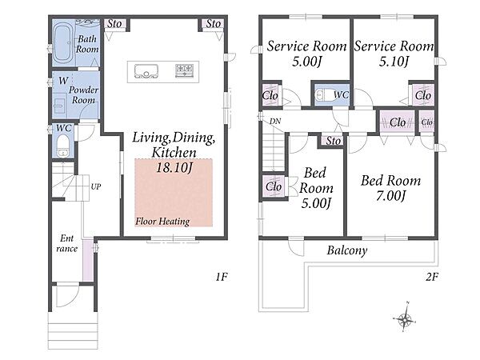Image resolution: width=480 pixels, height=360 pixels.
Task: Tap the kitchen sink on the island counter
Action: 146,71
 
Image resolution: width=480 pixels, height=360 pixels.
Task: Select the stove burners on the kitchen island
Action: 185,70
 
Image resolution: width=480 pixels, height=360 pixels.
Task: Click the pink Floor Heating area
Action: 174,193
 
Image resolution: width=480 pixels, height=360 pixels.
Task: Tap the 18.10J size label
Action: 174,167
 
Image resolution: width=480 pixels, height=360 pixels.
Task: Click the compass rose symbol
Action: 405,320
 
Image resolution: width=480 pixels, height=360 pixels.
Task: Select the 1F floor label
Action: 222,277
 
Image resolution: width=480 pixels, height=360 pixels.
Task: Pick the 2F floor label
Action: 432,277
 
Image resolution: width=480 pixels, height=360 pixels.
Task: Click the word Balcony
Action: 347,250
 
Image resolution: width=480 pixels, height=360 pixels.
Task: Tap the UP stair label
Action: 96,186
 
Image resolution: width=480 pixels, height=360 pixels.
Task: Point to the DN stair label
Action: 275,122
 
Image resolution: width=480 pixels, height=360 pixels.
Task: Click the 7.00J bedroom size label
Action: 390,196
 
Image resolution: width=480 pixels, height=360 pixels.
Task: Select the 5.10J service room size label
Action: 394,62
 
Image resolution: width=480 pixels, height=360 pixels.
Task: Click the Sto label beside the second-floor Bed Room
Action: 333,141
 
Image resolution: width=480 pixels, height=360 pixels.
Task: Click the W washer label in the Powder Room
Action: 63,81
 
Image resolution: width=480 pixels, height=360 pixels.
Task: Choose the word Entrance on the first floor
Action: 66,243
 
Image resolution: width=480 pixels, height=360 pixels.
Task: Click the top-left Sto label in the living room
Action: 114,24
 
